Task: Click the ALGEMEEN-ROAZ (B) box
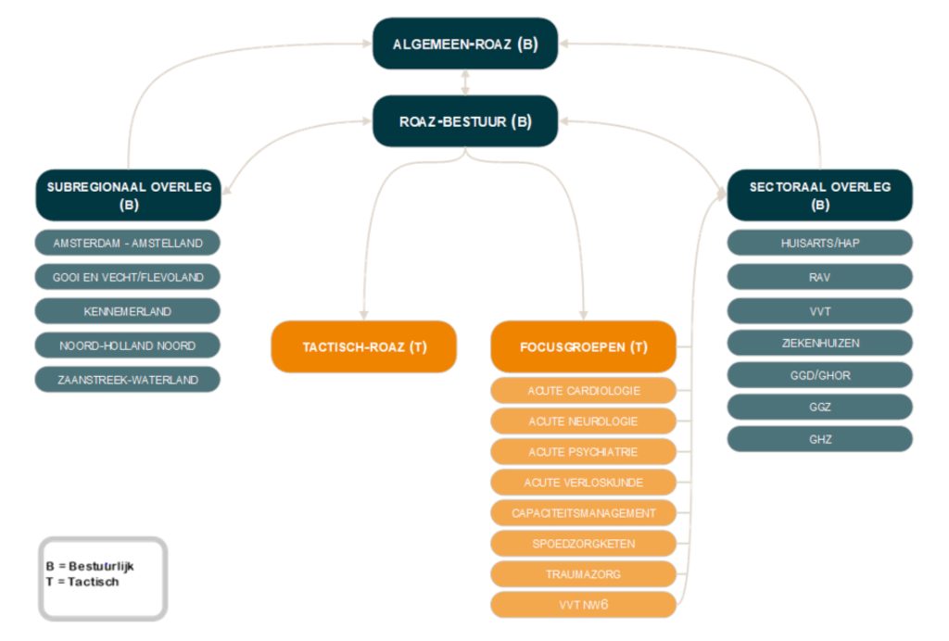coord(465,44)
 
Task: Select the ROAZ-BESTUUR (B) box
coord(465,121)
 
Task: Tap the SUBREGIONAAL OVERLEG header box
coord(129,195)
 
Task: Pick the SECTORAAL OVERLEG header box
coord(819,195)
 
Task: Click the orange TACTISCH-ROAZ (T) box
coord(363,346)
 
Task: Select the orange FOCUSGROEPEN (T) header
coord(584,346)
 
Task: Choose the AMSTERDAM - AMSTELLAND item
coord(128,243)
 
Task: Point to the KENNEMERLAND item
coord(128,311)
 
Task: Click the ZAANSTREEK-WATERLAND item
coord(128,380)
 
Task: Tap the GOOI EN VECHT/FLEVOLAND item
coord(128,277)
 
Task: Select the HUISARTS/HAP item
coord(819,243)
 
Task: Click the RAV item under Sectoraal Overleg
coord(819,277)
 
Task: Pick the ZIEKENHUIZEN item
coord(819,343)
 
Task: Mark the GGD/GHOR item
coord(819,375)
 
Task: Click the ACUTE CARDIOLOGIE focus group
coord(584,390)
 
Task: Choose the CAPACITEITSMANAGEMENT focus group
coord(584,512)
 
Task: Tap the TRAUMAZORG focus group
coord(584,574)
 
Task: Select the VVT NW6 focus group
coord(584,605)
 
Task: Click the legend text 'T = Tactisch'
coord(82,582)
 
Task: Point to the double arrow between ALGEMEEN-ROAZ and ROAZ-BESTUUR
coord(465,82)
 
